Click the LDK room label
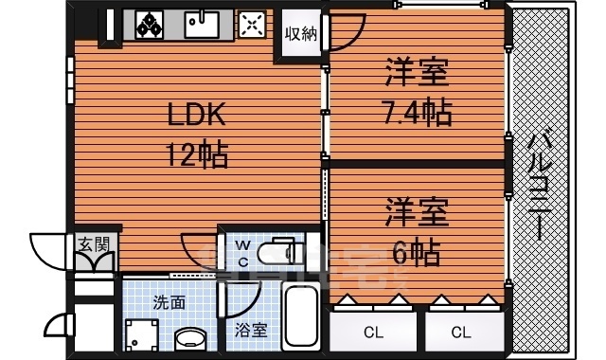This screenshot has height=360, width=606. pyautogui.click(x=197, y=117)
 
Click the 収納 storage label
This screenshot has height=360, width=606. pyautogui.click(x=301, y=33)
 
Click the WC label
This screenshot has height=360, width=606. pyautogui.click(x=243, y=253)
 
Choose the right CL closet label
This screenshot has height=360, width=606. pyautogui.click(x=461, y=332)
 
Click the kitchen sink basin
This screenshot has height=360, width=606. pyautogui.click(x=202, y=24)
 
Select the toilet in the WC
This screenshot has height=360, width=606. pyautogui.click(x=284, y=251)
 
